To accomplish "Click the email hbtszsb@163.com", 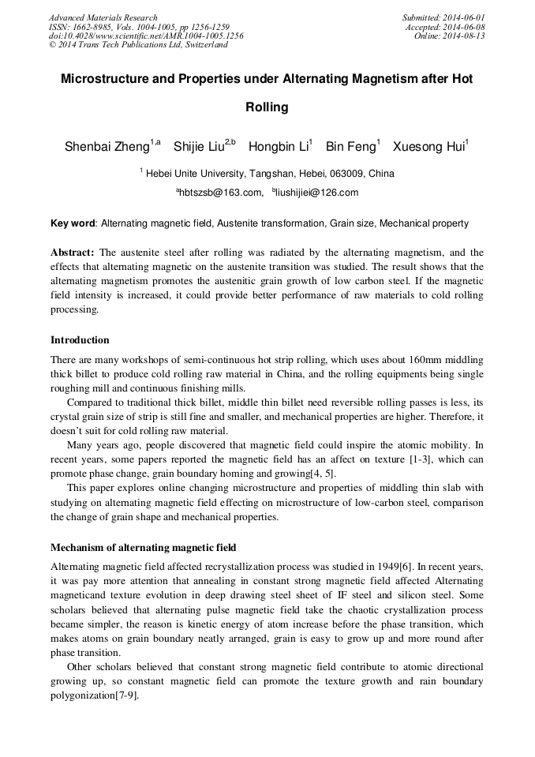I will pyautogui.click(x=221, y=192).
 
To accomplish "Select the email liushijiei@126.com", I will pyautogui.click(x=317, y=192).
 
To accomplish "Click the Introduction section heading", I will pyautogui.click(x=80, y=340).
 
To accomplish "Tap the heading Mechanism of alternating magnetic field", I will pyautogui.click(x=143, y=547).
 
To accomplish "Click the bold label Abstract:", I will pyautogui.click(x=73, y=253).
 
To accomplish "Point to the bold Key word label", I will pyautogui.click(x=73, y=223).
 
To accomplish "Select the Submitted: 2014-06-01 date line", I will pyautogui.click(x=443, y=17).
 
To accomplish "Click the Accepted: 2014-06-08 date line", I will pyautogui.click(x=445, y=27).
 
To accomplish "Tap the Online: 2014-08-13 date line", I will pyautogui.click(x=450, y=36).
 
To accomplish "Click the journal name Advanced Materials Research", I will pyautogui.click(x=103, y=17).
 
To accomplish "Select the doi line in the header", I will pyautogui.click(x=146, y=36).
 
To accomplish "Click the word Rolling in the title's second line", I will pyautogui.click(x=267, y=107).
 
